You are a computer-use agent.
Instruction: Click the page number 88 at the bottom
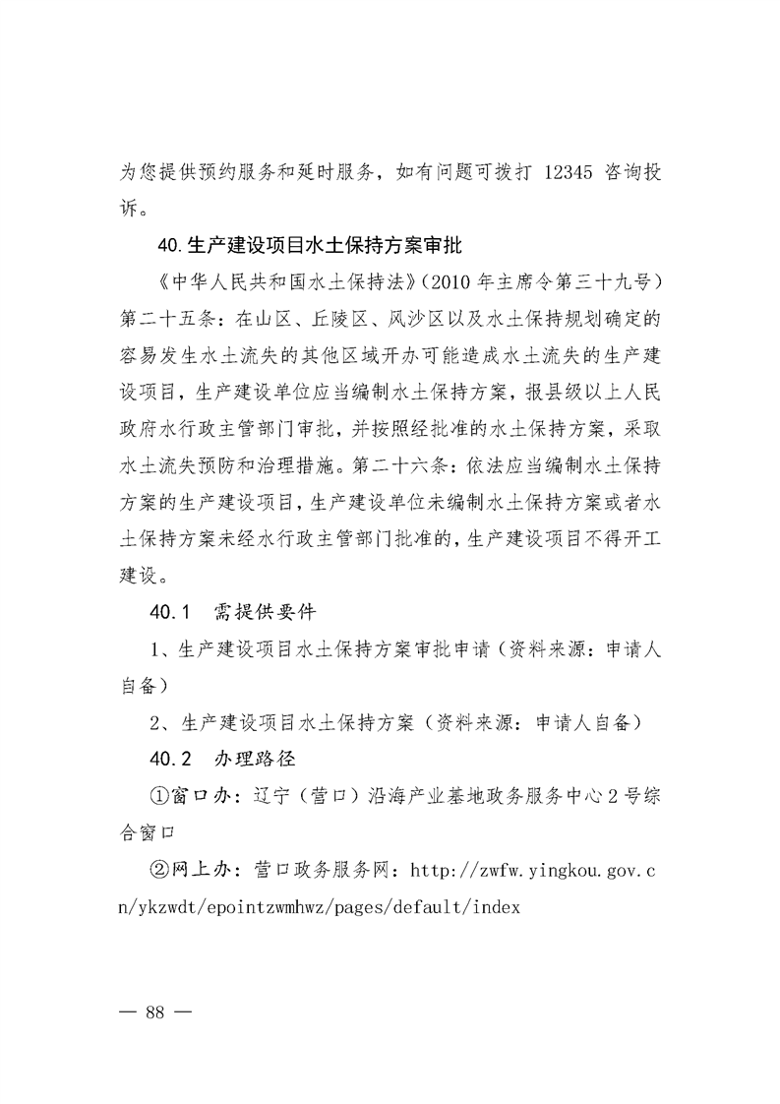click(x=154, y=1012)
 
